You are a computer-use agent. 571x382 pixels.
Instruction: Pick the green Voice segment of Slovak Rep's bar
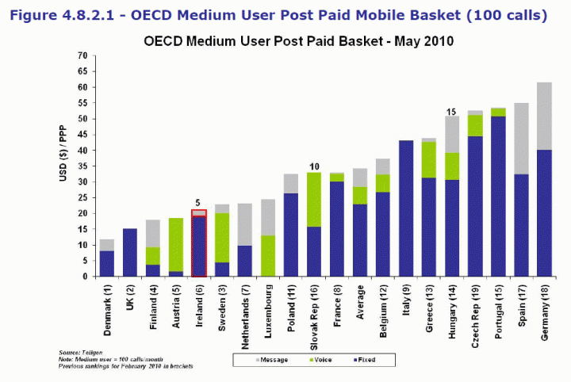(x=314, y=199)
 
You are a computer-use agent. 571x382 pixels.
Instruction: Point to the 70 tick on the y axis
(x=82, y=55)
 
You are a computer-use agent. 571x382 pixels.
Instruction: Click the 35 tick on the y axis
(x=82, y=166)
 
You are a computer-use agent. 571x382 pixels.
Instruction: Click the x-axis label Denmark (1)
(x=109, y=310)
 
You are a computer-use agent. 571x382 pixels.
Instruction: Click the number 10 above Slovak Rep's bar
(x=314, y=166)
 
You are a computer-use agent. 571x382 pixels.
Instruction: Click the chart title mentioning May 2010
(x=297, y=40)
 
